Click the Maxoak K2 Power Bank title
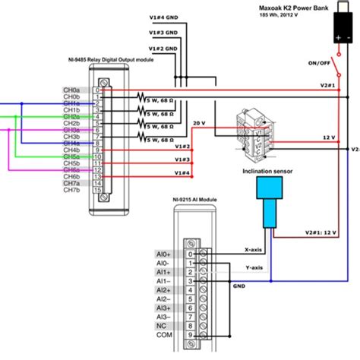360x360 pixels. (302, 5)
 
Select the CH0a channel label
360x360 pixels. (71, 90)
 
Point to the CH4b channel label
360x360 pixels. (71, 150)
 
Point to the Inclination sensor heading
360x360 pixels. (270, 171)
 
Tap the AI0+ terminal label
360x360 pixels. (163, 254)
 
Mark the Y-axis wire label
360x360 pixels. (254, 268)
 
